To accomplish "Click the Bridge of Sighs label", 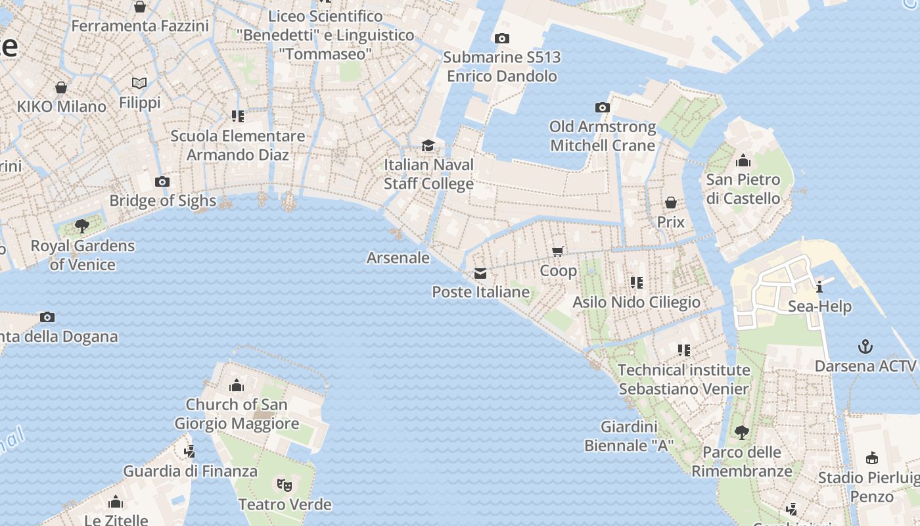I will pos(162,201).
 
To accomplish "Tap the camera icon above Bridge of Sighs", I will pos(162,182).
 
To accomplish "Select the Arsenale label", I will pos(398,258).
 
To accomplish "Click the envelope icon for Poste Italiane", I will pos(480,274).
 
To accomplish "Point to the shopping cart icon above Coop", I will pos(558,251).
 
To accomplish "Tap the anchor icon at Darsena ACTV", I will pos(865,347).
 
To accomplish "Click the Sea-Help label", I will pos(819,306).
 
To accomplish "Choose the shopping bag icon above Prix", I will pos(671,203).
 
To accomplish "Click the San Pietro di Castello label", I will pos(743,189).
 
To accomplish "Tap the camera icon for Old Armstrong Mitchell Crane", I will pos(603,107).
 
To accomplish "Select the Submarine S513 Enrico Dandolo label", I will pos(502,66).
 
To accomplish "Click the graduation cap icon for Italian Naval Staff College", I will pos(428,145).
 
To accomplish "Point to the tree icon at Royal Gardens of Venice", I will pos(82,227).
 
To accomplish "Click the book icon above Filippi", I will pos(139,84).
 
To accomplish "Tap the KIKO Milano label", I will pos(61,107).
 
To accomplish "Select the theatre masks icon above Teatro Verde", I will pos(284,485).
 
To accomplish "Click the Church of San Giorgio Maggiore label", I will pos(237,414).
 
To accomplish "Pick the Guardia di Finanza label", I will pos(191,471).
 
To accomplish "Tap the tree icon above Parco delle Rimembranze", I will pos(742,433).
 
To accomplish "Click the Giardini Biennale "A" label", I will pos(629,436).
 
